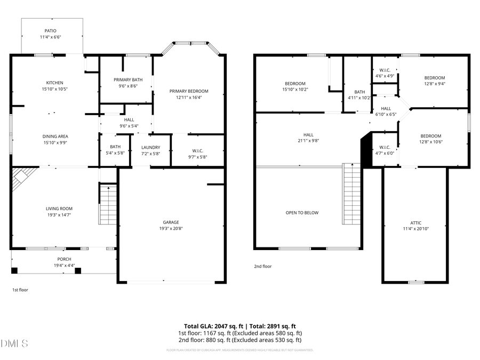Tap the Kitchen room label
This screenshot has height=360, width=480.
click(54, 83)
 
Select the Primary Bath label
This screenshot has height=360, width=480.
click(128, 79)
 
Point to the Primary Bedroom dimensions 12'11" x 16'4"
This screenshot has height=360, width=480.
click(189, 98)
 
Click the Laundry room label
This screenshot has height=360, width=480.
click(151, 147)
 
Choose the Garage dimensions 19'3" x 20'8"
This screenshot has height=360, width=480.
click(171, 229)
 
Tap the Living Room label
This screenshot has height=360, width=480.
click(59, 209)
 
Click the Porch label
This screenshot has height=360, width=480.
click(64, 259)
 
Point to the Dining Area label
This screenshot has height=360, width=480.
click(55, 136)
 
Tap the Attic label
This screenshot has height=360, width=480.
click(415, 222)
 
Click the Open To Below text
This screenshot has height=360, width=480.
click(302, 213)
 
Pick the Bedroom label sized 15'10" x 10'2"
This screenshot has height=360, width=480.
click(295, 83)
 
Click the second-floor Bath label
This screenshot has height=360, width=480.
click(359, 92)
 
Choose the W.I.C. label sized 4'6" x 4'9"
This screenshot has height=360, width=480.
click(385, 70)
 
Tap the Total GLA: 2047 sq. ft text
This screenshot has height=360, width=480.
click(210, 326)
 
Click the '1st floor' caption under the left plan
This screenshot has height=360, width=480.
click(20, 290)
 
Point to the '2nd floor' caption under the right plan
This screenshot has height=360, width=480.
click(263, 266)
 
